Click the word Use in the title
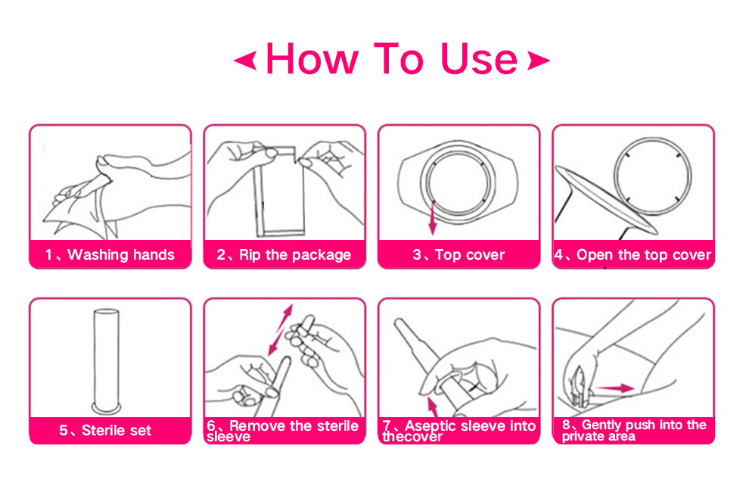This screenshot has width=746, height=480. point(479,59)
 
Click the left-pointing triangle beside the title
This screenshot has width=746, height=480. point(245,61)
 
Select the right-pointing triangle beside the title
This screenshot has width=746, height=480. point(539,61)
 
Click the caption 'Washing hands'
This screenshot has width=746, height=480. point(121,254)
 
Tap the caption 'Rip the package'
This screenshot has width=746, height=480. point(295,254)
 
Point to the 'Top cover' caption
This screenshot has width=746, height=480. point(470,254)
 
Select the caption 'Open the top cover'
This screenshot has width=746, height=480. point(644,254)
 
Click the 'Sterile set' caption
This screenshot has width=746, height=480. point(117,431)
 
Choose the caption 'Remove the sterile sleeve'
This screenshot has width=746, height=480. point(283,431)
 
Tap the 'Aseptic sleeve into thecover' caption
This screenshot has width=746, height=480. point(459,431)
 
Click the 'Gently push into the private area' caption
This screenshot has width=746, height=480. point(634,431)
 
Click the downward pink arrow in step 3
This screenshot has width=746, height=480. point(433,217)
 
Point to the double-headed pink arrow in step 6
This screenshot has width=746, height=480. point(280,330)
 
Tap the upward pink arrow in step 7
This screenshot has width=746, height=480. point(433,407)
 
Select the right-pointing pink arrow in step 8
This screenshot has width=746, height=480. point(615,388)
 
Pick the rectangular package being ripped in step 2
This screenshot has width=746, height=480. point(280,192)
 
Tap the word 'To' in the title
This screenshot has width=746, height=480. point(399,59)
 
